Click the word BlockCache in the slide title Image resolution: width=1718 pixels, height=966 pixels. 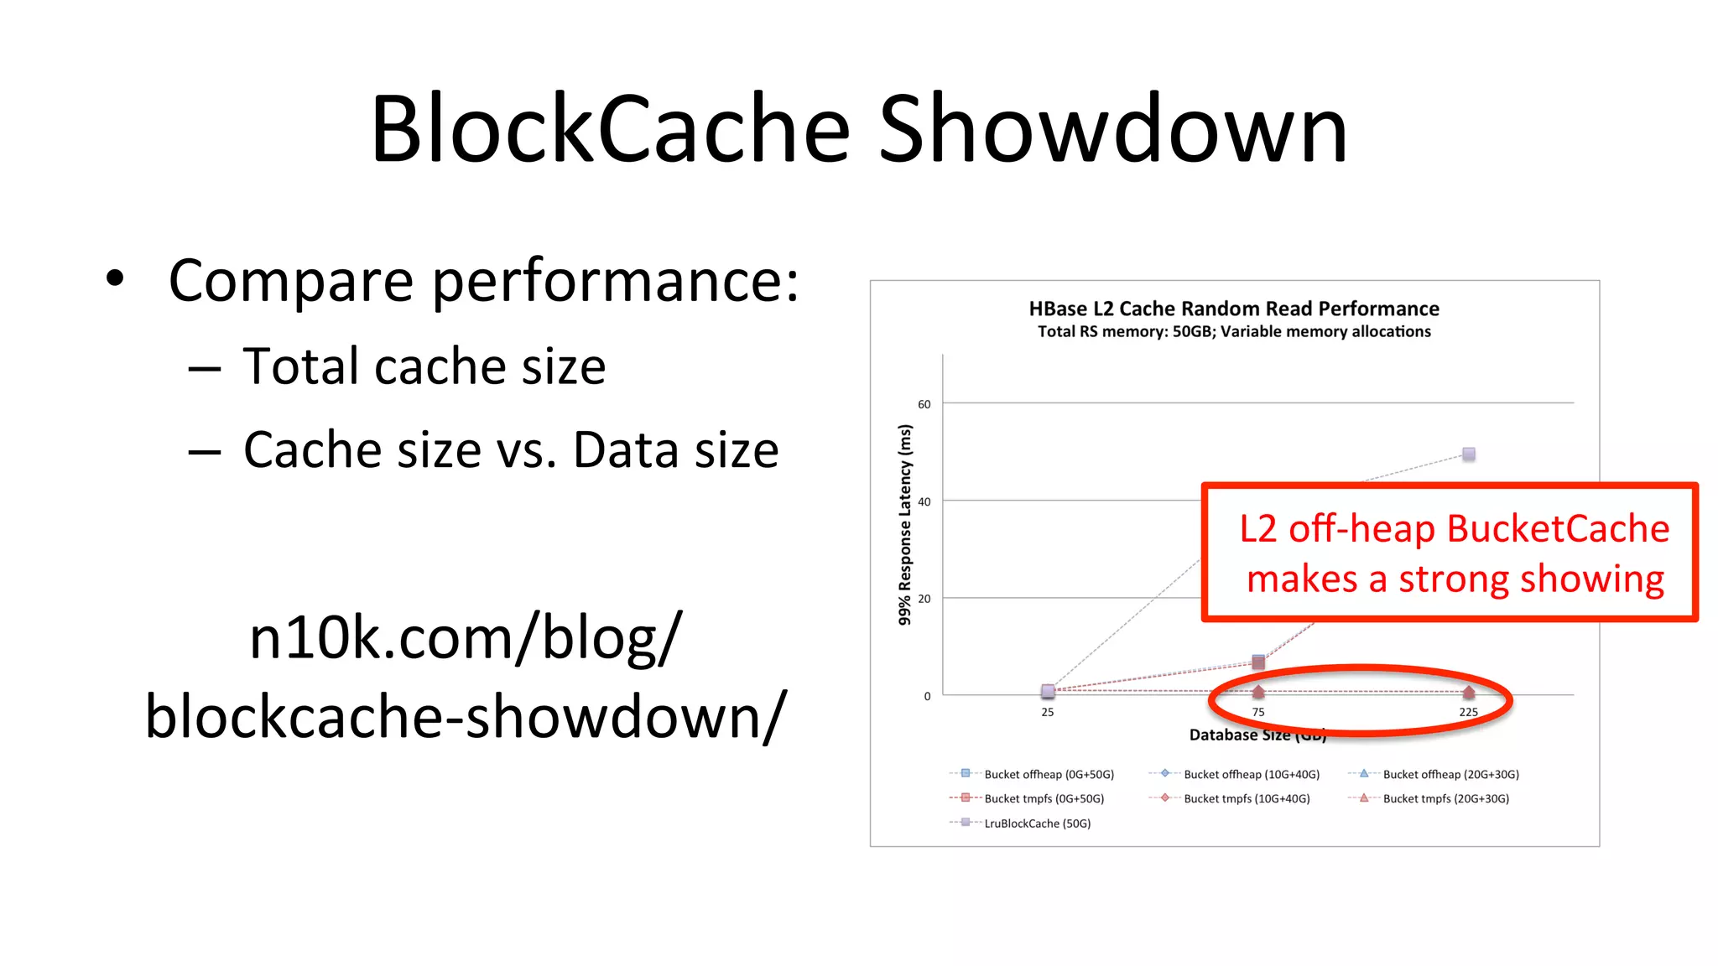[x=610, y=130]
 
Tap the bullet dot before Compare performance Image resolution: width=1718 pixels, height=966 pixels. [x=115, y=278]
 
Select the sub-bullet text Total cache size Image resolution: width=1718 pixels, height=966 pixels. [x=424, y=366]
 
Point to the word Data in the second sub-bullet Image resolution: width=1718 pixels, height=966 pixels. [x=625, y=449]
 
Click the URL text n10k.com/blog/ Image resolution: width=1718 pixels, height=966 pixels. [x=466, y=638]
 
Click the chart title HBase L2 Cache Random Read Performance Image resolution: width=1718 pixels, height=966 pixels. [x=1234, y=309]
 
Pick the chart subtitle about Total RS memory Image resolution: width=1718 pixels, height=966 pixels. [x=1234, y=331]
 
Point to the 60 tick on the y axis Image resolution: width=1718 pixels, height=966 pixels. [x=924, y=404]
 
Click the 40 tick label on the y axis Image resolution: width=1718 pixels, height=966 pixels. [x=924, y=501]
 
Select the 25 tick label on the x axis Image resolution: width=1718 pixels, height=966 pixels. [x=1048, y=712]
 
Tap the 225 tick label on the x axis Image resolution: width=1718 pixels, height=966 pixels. [x=1468, y=712]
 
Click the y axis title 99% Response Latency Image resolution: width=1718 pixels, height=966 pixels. [x=904, y=524]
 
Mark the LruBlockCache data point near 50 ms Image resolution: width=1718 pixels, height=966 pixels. [x=1469, y=454]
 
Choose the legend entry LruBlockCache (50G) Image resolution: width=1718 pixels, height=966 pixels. [x=1037, y=823]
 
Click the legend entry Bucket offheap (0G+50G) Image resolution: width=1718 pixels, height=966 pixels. [x=1049, y=774]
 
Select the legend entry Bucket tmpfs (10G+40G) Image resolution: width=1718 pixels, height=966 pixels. [x=1247, y=798]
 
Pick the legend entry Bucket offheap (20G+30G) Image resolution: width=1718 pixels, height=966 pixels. [x=1450, y=774]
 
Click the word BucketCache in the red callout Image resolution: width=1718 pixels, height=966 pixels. [x=1558, y=529]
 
